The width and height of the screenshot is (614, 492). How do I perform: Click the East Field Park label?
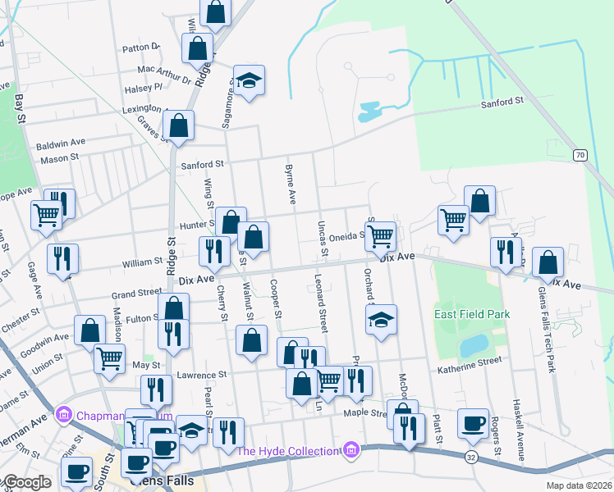point(472,314)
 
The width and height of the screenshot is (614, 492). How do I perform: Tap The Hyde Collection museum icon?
point(351,450)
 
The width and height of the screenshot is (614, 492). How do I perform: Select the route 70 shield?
point(580,155)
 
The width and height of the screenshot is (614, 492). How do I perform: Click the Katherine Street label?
point(469,360)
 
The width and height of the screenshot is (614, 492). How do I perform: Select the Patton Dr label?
point(140,48)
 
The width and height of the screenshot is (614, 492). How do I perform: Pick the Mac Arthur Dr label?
point(164,75)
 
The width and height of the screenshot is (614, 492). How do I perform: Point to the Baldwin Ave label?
point(61,143)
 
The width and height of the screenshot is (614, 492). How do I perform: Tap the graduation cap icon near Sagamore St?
point(250,80)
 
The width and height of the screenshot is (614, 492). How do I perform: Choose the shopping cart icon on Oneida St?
point(379,235)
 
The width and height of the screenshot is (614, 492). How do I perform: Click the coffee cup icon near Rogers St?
point(473,422)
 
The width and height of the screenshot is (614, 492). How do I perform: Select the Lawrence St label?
point(202,375)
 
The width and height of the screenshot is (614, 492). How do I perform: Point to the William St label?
point(142,262)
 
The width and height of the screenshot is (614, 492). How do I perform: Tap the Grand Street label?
point(137,293)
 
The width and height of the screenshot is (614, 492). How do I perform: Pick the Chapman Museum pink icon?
point(63,416)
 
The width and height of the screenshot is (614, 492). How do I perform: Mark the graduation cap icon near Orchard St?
point(381,319)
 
